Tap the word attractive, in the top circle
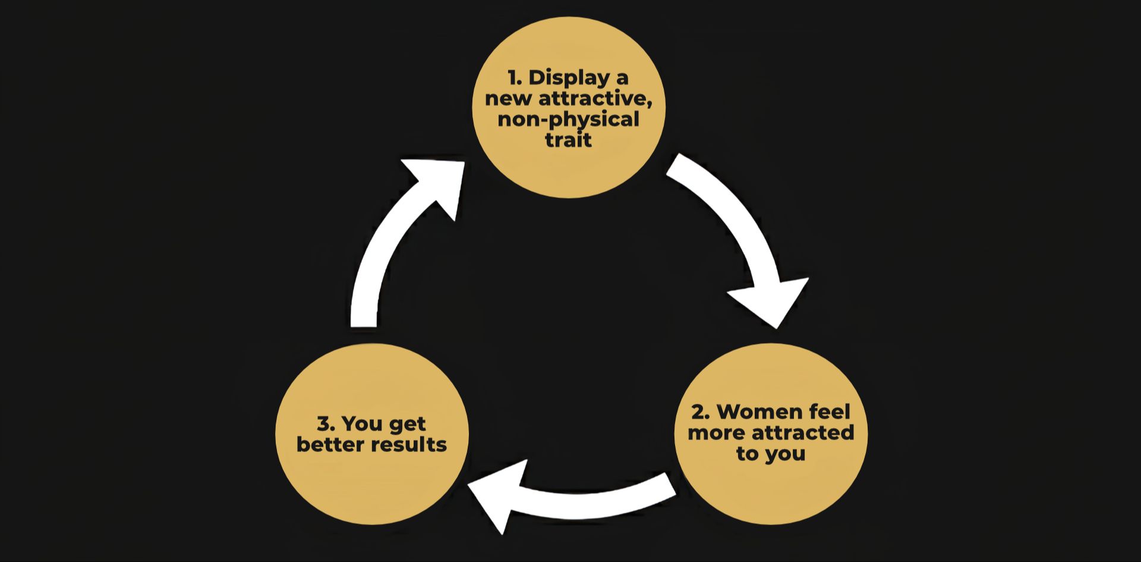pos(595,99)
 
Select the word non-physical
pos(568,120)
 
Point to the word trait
pos(569,140)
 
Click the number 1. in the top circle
pos(515,78)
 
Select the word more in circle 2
pos(717,433)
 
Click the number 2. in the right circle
pos(701,412)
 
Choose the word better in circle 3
pos(330,445)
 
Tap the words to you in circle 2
pos(771,454)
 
